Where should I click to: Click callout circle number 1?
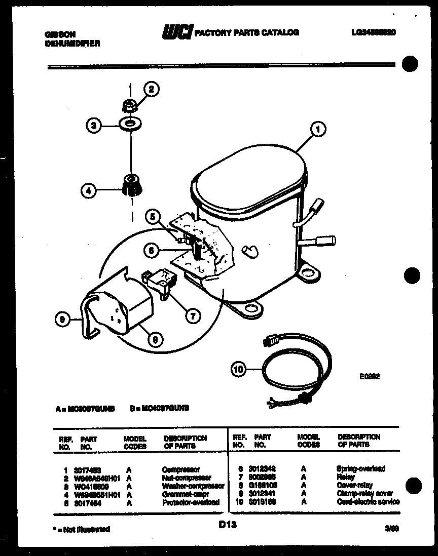(318, 130)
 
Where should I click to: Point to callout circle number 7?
(192, 316)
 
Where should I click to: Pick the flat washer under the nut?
(131, 123)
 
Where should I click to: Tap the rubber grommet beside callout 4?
(131, 185)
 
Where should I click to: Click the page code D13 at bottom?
(228, 526)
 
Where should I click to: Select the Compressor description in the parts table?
(181, 470)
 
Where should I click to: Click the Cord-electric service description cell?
(368, 502)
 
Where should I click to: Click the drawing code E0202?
(370, 376)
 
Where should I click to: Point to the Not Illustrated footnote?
(81, 529)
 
